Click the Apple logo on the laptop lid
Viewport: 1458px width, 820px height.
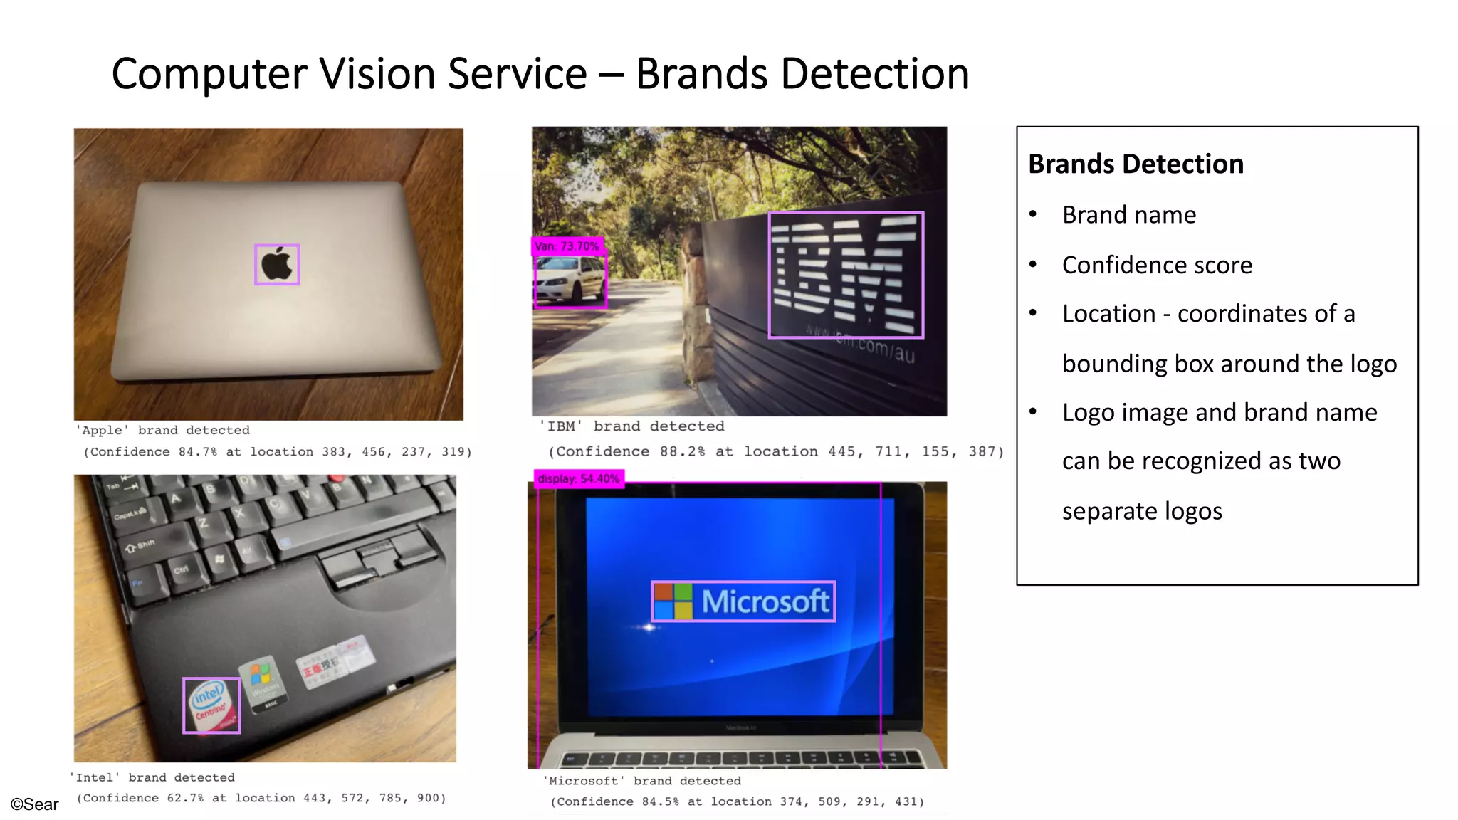pyautogui.click(x=277, y=265)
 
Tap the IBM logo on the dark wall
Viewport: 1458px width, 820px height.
pyautogui.click(x=846, y=275)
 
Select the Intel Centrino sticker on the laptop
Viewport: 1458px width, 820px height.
pyautogui.click(x=211, y=705)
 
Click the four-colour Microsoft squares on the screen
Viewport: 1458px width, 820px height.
pyautogui.click(x=673, y=601)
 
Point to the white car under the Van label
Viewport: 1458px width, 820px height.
pyautogui.click(x=570, y=280)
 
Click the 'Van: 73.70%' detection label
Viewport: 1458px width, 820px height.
pyautogui.click(x=567, y=246)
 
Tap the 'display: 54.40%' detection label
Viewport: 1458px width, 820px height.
pyautogui.click(x=579, y=479)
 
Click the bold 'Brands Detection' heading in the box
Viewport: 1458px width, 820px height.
pyautogui.click(x=1136, y=164)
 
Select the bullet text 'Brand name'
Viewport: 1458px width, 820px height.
pyautogui.click(x=1129, y=215)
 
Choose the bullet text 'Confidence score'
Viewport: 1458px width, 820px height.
pyautogui.click(x=1157, y=266)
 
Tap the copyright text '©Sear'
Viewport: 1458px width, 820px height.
pyautogui.click(x=34, y=804)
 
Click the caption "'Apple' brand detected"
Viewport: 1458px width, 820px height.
pyautogui.click(x=164, y=430)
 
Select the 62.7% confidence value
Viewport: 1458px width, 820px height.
pyautogui.click(x=185, y=798)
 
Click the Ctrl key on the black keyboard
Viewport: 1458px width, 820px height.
pyautogui.click(x=181, y=570)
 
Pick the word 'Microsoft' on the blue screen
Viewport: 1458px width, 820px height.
pyautogui.click(x=765, y=601)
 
